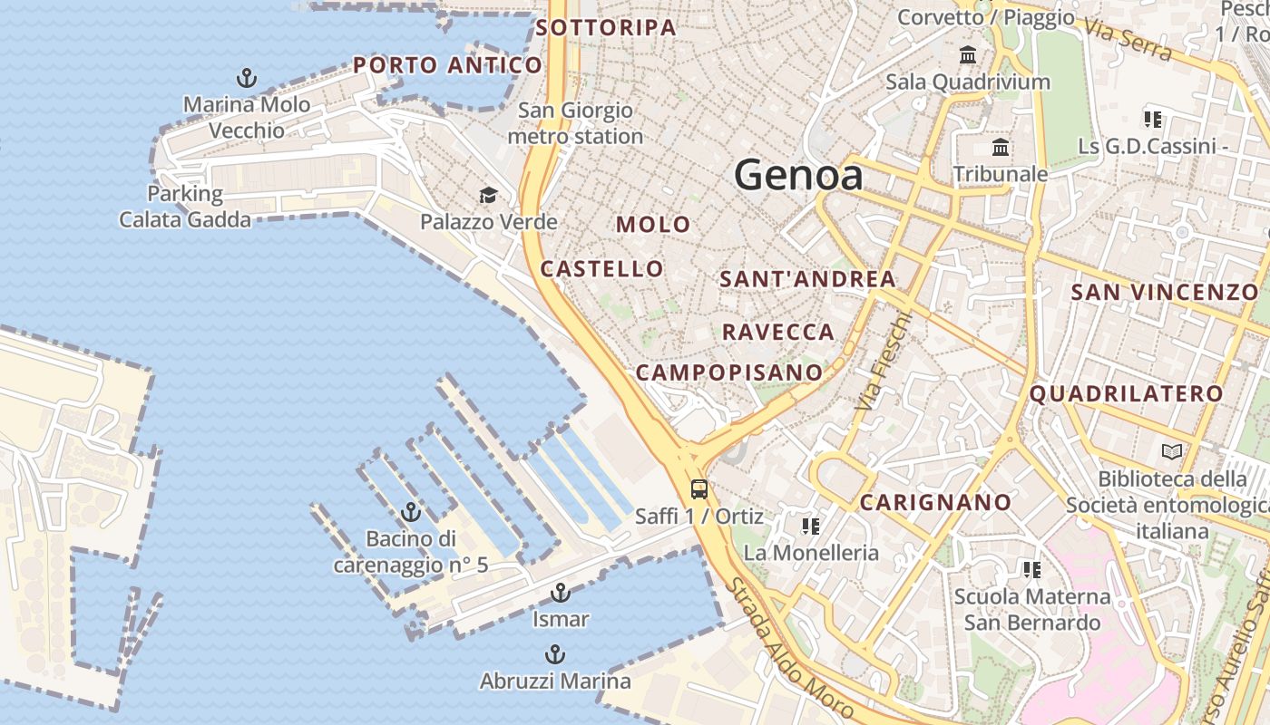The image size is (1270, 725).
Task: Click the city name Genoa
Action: click(x=798, y=174)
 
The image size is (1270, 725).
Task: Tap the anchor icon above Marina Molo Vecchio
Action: click(x=246, y=77)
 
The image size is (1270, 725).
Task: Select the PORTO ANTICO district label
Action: click(x=447, y=65)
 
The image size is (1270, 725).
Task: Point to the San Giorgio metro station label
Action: click(x=575, y=123)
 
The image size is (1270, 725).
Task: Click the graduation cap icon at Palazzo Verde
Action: click(x=488, y=195)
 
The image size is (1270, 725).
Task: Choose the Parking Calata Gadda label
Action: click(x=185, y=207)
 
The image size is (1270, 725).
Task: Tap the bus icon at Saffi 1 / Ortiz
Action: click(x=698, y=489)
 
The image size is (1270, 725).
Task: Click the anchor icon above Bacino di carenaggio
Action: click(x=411, y=512)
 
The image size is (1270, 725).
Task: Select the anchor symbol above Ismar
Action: click(x=561, y=594)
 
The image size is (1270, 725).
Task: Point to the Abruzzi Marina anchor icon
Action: click(x=554, y=654)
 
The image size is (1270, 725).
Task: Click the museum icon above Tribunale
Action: click(x=1001, y=147)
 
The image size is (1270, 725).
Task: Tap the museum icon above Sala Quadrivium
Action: click(x=968, y=54)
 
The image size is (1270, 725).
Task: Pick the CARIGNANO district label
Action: click(x=935, y=503)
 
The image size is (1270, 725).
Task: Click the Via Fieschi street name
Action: click(x=882, y=361)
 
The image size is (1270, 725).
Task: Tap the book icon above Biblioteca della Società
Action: click(x=1172, y=451)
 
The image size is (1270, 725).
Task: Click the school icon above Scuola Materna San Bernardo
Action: click(x=1031, y=570)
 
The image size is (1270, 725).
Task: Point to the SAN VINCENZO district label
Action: click(x=1164, y=292)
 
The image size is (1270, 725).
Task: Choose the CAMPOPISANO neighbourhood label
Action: click(x=728, y=372)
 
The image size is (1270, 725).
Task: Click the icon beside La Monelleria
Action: click(x=810, y=526)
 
